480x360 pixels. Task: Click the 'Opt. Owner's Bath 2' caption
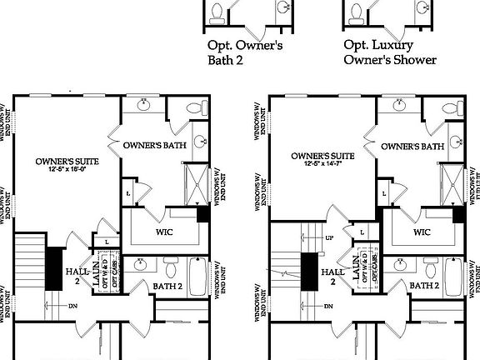pyautogui.click(x=244, y=52)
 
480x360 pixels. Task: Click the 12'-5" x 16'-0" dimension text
pyautogui.click(x=67, y=170)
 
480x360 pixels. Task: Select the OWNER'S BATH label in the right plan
pyautogui.click(x=411, y=147)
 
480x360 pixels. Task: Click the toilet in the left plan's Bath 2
pyautogui.click(x=170, y=267)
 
